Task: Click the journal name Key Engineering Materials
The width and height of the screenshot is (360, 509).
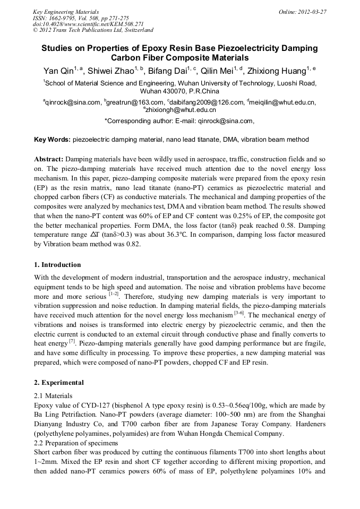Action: pyautogui.click(x=65, y=12)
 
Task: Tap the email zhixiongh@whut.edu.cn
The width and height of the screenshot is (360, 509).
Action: pyautogui.click(x=181, y=110)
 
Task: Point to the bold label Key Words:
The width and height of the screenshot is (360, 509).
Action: pyautogui.click(x=52, y=140)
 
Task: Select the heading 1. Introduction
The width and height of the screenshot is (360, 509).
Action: pyautogui.click(x=57, y=265)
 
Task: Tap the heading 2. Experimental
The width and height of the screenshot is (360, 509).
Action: pyautogui.click(x=58, y=383)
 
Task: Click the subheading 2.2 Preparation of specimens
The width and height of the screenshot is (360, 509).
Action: pyautogui.click(x=75, y=443)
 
